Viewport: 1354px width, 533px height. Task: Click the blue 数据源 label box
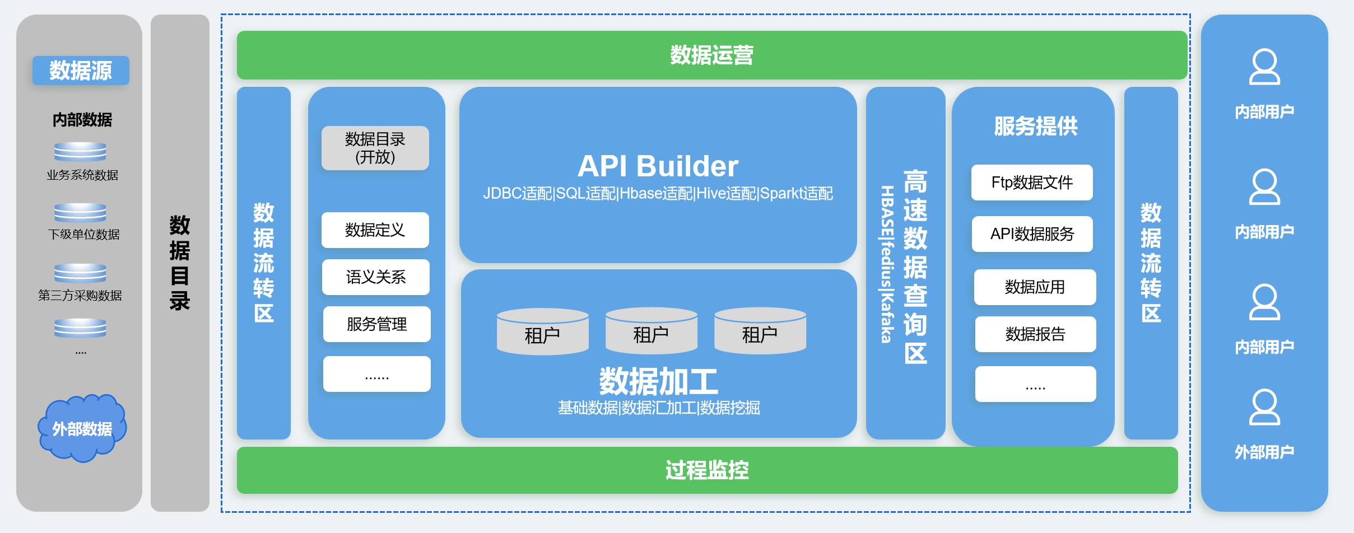[x=81, y=71]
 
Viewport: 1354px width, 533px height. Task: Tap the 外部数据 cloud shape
[x=82, y=429]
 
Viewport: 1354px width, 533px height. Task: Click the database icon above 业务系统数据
[x=80, y=152]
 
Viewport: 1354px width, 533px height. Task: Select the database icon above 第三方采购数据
[x=80, y=273]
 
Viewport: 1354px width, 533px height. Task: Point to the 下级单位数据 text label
[x=83, y=234]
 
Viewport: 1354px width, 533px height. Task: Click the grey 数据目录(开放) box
[x=375, y=148]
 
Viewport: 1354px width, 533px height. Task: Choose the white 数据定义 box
[x=375, y=230]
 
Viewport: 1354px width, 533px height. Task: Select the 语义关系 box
[x=375, y=277]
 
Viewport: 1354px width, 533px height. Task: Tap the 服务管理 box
[x=376, y=324]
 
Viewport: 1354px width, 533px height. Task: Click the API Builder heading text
[x=658, y=166]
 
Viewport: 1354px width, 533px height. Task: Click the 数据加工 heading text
[x=658, y=381]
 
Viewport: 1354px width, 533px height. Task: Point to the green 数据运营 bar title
[x=711, y=55]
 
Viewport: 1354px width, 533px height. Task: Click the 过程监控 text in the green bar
[x=707, y=470]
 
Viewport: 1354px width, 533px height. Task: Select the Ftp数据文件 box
[x=1032, y=183]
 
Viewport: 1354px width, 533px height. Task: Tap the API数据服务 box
[x=1032, y=234]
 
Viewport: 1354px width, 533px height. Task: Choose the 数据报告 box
[x=1035, y=334]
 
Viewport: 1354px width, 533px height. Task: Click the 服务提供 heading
[x=1035, y=127]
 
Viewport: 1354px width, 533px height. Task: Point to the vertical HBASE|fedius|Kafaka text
[x=886, y=264]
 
